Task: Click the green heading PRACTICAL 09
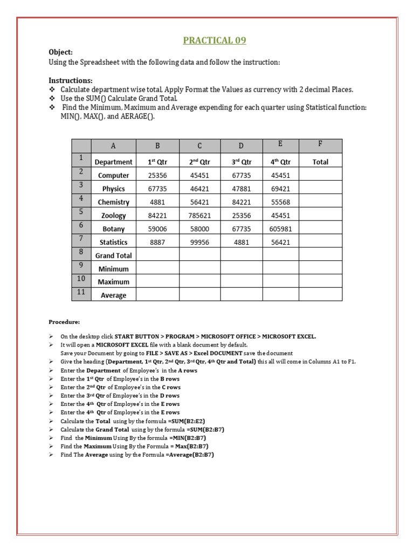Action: (215, 40)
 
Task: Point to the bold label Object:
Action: (60, 52)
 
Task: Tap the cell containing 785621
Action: (199, 216)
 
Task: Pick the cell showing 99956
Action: (199, 243)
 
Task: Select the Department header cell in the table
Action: (113, 162)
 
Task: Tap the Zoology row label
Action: (113, 216)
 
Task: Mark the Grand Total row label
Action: (113, 256)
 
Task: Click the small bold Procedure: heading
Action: (64, 322)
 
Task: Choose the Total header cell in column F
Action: (320, 162)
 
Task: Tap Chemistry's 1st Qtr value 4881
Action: (157, 202)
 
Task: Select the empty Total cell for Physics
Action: (320, 189)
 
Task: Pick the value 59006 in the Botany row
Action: (157, 229)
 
